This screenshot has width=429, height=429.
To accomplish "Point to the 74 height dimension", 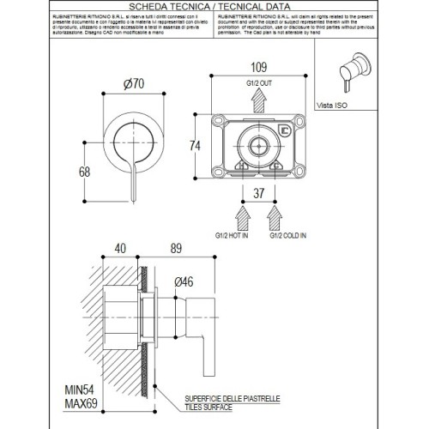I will (195, 146).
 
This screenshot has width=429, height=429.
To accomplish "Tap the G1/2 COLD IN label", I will (286, 233).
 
